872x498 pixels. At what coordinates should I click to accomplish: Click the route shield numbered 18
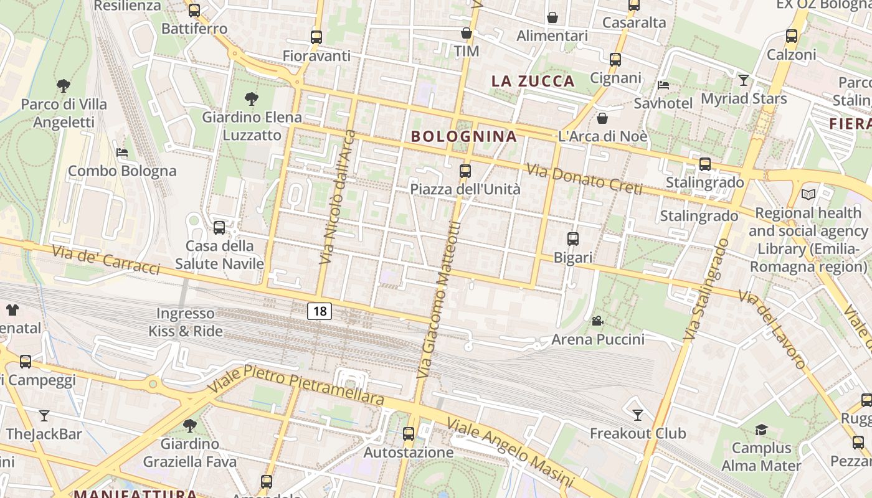pyautogui.click(x=320, y=311)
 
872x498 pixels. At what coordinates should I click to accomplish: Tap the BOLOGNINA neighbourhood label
pyautogui.click(x=464, y=136)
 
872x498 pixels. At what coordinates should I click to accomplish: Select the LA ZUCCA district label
pyautogui.click(x=533, y=81)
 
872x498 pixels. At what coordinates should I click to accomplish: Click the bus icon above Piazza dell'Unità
pyautogui.click(x=465, y=171)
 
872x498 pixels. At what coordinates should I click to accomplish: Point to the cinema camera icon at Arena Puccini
pyautogui.click(x=597, y=321)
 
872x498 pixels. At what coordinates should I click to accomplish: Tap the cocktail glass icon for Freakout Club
pyautogui.click(x=637, y=415)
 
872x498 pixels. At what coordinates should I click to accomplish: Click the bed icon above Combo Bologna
pyautogui.click(x=122, y=152)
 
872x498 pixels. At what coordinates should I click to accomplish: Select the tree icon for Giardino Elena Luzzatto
pyautogui.click(x=252, y=98)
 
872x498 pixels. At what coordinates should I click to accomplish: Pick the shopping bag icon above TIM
pyautogui.click(x=466, y=33)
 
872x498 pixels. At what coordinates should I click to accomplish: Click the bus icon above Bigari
pyautogui.click(x=572, y=238)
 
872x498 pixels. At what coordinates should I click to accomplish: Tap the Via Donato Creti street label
pyautogui.click(x=584, y=179)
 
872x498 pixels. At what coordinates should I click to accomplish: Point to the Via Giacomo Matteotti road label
pyautogui.click(x=440, y=300)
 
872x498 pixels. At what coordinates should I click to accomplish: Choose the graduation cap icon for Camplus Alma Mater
pyautogui.click(x=761, y=430)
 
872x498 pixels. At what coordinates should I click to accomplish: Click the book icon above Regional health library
pyautogui.click(x=808, y=194)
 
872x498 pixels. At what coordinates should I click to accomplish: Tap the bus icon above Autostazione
pyautogui.click(x=409, y=434)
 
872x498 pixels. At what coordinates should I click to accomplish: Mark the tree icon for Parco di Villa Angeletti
pyautogui.click(x=63, y=85)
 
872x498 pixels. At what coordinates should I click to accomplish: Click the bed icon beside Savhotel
pyautogui.click(x=663, y=85)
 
